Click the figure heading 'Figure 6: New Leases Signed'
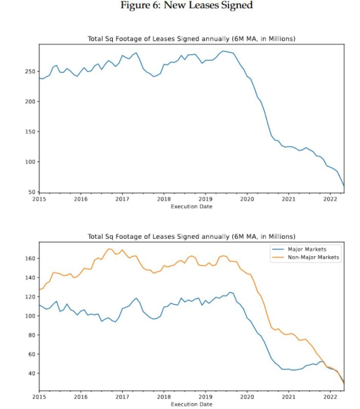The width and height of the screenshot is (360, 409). (x=186, y=6)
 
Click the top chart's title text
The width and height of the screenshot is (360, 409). (x=191, y=39)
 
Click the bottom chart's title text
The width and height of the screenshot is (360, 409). (x=191, y=237)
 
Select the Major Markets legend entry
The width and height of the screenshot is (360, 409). (x=307, y=249)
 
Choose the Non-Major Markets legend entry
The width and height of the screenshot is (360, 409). (x=314, y=258)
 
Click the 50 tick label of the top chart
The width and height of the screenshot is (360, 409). (x=33, y=192)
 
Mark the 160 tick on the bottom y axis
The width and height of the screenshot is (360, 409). (x=31, y=258)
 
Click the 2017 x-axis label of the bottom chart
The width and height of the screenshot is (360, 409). (x=122, y=397)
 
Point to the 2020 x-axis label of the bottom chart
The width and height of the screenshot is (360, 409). (x=247, y=397)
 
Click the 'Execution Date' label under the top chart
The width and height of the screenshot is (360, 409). (x=191, y=206)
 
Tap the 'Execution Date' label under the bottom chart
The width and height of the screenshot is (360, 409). (x=191, y=404)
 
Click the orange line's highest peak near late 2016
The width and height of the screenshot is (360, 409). (x=109, y=249)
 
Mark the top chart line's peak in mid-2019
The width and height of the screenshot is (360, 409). (x=223, y=51)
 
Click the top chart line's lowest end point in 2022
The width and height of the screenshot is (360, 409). (x=344, y=186)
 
